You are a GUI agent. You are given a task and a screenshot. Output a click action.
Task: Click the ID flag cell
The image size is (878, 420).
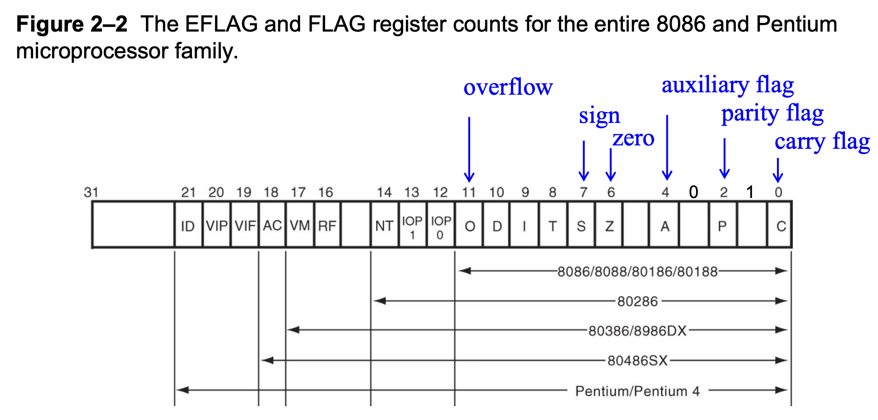(x=188, y=225)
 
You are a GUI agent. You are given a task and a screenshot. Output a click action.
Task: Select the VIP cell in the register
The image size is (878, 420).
(x=216, y=225)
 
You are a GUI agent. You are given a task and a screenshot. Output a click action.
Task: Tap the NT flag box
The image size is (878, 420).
(x=384, y=225)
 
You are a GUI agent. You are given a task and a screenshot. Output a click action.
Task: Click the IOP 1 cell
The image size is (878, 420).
(x=412, y=227)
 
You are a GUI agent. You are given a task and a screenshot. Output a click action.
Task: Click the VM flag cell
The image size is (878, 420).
(x=300, y=225)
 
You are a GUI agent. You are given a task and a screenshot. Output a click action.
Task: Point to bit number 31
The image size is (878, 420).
(x=91, y=192)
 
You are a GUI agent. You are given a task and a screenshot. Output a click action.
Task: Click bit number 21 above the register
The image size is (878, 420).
(x=188, y=192)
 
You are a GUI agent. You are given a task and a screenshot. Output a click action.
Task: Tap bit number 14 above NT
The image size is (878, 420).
(x=384, y=192)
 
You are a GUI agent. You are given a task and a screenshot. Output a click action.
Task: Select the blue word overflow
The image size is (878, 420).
(x=508, y=88)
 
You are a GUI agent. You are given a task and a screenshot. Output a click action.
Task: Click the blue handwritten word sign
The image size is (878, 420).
(x=599, y=116)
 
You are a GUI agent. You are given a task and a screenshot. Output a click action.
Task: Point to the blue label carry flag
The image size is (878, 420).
(x=822, y=142)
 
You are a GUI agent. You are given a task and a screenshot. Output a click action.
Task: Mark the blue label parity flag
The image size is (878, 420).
(x=772, y=114)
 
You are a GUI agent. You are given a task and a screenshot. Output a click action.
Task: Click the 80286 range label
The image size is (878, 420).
(x=638, y=301)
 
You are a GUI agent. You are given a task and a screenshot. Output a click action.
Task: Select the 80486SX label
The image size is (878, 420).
(x=638, y=360)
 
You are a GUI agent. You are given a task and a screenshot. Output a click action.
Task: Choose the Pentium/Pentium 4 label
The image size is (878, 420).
(x=637, y=391)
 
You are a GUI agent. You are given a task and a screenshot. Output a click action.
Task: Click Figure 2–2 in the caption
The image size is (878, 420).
(x=72, y=24)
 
